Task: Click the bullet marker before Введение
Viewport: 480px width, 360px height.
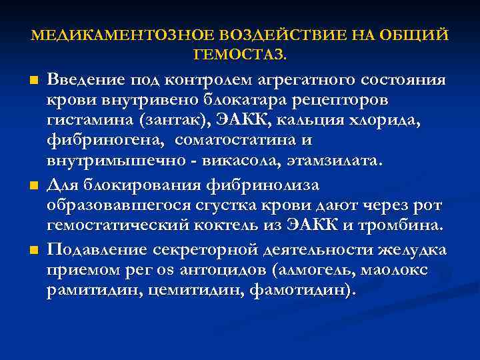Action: [33, 81]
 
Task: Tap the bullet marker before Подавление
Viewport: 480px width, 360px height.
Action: [33, 249]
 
